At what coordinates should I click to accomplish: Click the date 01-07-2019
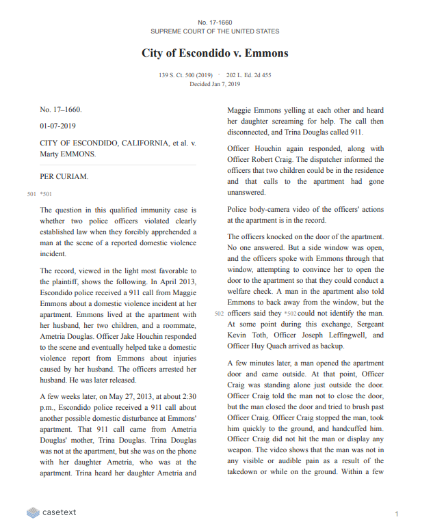pyautogui.click(x=57, y=126)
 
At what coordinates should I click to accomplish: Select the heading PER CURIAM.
pyautogui.click(x=64, y=176)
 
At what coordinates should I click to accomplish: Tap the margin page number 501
pyautogui.click(x=31, y=194)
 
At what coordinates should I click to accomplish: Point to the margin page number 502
pyautogui.click(x=219, y=314)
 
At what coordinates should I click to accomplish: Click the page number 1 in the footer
pyautogui.click(x=397, y=512)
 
